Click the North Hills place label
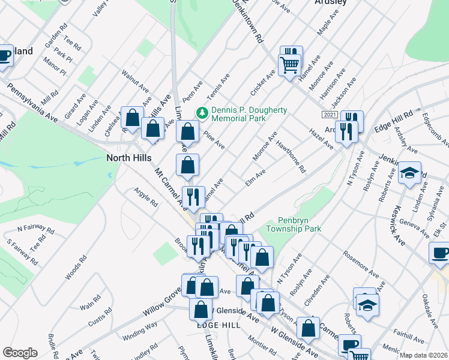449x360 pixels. (128, 158)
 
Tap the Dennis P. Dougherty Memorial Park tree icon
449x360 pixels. (202, 112)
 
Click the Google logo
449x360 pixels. (20, 353)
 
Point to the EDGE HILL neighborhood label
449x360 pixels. (218, 325)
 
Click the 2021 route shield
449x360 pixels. (330, 115)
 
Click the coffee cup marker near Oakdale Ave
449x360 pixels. (440, 253)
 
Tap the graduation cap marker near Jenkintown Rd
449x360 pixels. (409, 173)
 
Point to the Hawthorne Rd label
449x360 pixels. (291, 157)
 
